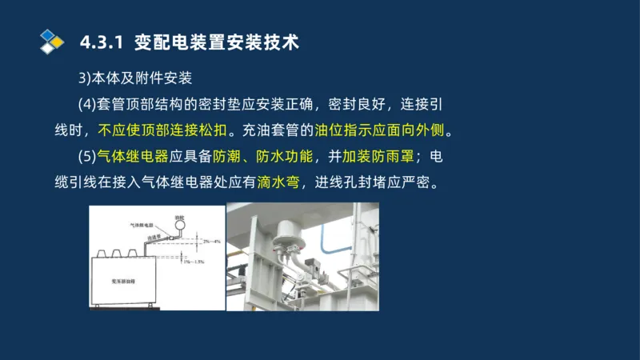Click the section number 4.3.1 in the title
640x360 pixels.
coord(102,42)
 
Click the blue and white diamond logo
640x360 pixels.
coord(52,40)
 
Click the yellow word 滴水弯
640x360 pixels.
coord(278,182)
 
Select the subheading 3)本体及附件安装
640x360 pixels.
coord(135,78)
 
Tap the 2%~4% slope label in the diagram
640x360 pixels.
coord(210,241)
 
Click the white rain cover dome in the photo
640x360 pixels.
coord(286,230)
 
